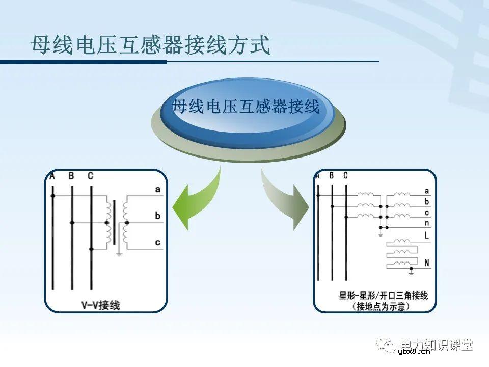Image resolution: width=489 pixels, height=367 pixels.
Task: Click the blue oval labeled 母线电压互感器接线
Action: pyautogui.click(x=246, y=108)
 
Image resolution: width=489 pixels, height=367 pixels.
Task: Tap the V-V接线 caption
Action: pyautogui.click(x=101, y=305)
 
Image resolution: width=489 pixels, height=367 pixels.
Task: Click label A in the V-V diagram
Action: pyautogui.click(x=52, y=176)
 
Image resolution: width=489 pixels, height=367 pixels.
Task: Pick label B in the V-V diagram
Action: pyautogui.click(x=71, y=176)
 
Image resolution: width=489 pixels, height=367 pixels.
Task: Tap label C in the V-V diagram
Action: pyautogui.click(x=90, y=176)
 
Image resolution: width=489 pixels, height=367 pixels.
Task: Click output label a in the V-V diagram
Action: pyautogui.click(x=158, y=190)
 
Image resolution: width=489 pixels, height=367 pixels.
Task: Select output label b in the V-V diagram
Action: pyautogui.click(x=158, y=216)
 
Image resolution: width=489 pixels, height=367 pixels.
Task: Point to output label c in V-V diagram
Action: pyautogui.click(x=158, y=242)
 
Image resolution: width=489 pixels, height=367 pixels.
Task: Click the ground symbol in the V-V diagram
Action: pyautogui.click(x=119, y=253)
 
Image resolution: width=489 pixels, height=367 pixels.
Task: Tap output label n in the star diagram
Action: pyautogui.click(x=426, y=223)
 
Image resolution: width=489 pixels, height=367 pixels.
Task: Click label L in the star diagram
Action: pyautogui.click(x=426, y=236)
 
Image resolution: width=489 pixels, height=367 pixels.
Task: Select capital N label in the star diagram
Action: pyautogui.click(x=426, y=263)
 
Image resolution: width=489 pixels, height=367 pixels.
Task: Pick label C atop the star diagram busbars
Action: pyautogui.click(x=345, y=176)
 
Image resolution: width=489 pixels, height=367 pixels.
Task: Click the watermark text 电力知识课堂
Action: pyautogui.click(x=437, y=345)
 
